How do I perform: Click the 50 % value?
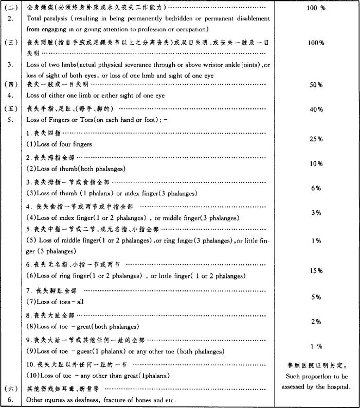tap(316, 85)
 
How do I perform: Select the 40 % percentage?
tap(316, 109)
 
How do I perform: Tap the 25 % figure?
tap(316, 139)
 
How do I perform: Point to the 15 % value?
tap(316, 271)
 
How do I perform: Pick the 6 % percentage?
tap(316, 188)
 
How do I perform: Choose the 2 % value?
tap(316, 322)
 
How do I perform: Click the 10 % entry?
tap(316, 163)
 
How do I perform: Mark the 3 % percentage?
tap(316, 213)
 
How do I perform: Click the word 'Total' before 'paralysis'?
tap(35, 18)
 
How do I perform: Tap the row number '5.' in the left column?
tap(11, 120)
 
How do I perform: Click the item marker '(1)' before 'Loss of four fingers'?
tap(31, 144)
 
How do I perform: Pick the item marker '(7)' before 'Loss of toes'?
tap(31, 302)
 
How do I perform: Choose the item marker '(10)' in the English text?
tap(33, 376)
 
